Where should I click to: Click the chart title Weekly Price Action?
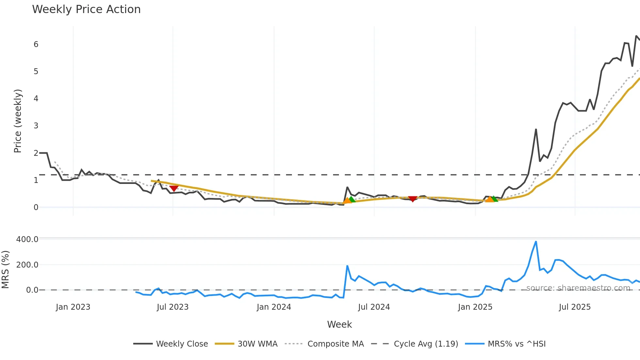tap(86, 9)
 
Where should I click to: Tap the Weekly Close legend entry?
tap(182, 344)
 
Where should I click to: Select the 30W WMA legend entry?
tap(257, 344)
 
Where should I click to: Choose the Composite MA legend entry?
tap(335, 344)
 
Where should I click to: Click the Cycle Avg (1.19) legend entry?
tap(426, 344)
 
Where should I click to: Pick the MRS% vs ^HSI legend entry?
tap(517, 344)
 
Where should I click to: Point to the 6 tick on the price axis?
tap(36, 44)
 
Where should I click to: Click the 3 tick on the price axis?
tap(36, 126)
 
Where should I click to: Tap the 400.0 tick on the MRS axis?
tap(27, 239)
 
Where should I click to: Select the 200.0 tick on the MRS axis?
tap(27, 265)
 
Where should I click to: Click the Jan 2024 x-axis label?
tap(274, 307)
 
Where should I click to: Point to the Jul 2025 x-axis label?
tap(575, 307)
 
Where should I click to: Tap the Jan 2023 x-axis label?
tap(73, 307)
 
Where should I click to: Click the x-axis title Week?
tap(339, 324)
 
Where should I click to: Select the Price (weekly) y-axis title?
tap(18, 121)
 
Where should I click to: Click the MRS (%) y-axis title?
tap(5, 270)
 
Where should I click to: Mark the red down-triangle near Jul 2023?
tap(174, 188)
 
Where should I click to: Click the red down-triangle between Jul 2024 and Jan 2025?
tap(413, 199)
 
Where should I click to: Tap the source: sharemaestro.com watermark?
tap(578, 288)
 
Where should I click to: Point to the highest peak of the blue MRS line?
tap(536, 242)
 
